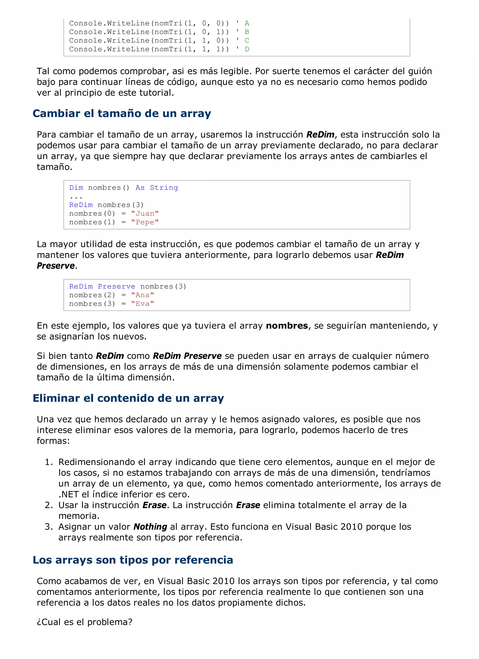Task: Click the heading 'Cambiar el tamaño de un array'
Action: tap(122, 113)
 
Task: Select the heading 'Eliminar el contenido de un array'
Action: tap(128, 398)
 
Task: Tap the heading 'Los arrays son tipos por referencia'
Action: tap(133, 560)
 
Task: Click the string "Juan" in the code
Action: tap(145, 214)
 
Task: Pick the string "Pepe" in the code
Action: tap(145, 222)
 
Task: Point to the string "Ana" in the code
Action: tap(142, 295)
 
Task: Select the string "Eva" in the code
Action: tap(142, 304)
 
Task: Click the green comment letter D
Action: tap(247, 49)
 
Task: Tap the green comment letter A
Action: tap(247, 23)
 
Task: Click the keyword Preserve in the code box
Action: tap(116, 287)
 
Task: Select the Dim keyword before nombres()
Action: tap(76, 188)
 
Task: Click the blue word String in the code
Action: tap(164, 188)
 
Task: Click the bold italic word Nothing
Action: tap(150, 527)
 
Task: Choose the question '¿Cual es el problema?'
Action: tap(84, 622)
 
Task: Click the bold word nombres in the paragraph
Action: tap(287, 326)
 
